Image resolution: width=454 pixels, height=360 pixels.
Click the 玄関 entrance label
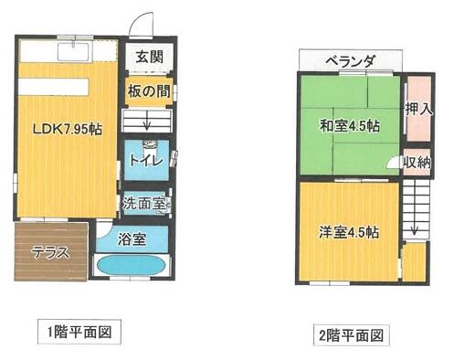pos(149,57)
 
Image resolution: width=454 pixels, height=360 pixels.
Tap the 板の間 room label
pos(149,90)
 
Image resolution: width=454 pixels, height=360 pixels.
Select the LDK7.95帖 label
pos(67,130)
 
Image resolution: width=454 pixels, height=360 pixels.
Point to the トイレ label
pos(146,160)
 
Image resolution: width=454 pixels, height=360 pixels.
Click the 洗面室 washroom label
pos(144,203)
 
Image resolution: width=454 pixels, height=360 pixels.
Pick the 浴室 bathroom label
pos(132,239)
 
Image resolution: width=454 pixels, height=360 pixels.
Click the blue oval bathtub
pos(132,264)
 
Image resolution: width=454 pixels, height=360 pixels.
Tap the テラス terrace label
pos(50,253)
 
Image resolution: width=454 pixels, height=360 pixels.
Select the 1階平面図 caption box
pos(79,332)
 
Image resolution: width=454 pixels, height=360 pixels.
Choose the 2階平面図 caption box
pos(351,335)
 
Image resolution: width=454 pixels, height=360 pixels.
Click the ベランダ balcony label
pos(350,62)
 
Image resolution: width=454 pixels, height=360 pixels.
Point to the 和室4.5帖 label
pos(349,125)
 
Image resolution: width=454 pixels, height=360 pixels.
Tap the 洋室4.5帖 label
pos(349,233)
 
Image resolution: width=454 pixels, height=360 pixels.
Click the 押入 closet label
pos(418,109)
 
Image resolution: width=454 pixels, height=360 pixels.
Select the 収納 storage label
pos(417,163)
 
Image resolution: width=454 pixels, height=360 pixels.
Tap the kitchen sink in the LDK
pos(73,51)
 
